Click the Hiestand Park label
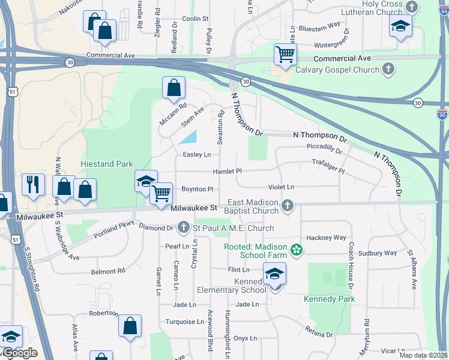107,163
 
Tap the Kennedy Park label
330,299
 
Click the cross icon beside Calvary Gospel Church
388,70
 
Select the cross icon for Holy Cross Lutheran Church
412,7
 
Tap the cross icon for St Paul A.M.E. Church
184,228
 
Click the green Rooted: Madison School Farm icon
295,250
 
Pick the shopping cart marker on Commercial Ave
286,55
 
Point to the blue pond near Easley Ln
188,137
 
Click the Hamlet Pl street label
227,172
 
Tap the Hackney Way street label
327,238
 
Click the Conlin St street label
195,19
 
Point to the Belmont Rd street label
108,272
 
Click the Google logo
20,353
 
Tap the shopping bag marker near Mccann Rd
173,88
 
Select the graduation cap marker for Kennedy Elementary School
274,274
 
